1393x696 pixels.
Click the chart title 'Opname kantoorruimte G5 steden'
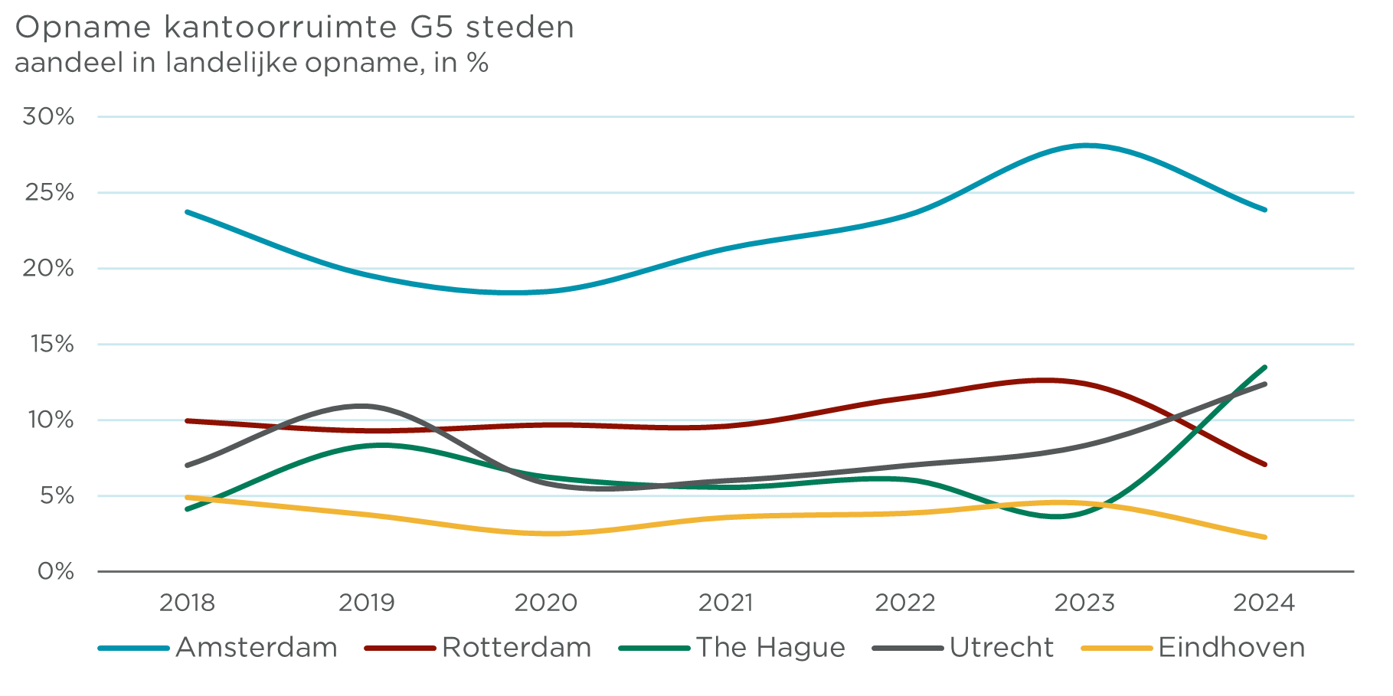[x=294, y=28]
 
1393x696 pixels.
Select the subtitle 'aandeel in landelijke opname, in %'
[x=251, y=63]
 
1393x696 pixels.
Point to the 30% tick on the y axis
[x=48, y=117]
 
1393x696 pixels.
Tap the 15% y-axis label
[x=51, y=345]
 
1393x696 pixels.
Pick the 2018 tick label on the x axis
[x=187, y=603]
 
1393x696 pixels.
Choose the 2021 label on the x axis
[x=725, y=603]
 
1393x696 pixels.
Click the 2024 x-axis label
[x=1264, y=603]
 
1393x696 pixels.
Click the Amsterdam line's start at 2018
[x=188, y=212]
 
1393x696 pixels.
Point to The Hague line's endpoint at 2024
[x=1264, y=368]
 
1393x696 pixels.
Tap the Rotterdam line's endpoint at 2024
[x=1264, y=464]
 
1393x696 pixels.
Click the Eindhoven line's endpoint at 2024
[x=1264, y=537]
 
